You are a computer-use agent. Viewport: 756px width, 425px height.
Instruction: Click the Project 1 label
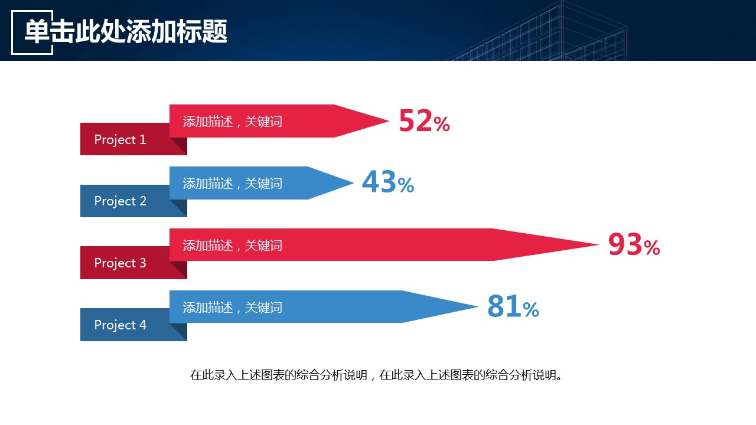pyautogui.click(x=120, y=140)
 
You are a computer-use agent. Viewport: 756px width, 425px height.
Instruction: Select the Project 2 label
pyautogui.click(x=120, y=201)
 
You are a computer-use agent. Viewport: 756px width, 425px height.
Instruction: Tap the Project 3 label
pyautogui.click(x=120, y=263)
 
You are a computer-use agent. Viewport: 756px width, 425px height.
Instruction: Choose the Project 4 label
pyautogui.click(x=120, y=325)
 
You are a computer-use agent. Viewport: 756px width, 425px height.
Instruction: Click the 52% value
pyautogui.click(x=424, y=122)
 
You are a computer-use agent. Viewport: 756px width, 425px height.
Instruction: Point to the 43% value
pyautogui.click(x=387, y=183)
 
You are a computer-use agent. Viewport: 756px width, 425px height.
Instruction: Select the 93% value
pyautogui.click(x=634, y=245)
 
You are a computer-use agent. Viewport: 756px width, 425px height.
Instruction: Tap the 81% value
pyautogui.click(x=513, y=307)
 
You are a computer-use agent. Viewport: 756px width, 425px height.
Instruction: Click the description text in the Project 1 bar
pyautogui.click(x=232, y=122)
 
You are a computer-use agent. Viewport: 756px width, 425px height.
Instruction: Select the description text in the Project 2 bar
pyautogui.click(x=232, y=184)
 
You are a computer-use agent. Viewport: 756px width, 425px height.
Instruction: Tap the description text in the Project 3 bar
pyautogui.click(x=232, y=246)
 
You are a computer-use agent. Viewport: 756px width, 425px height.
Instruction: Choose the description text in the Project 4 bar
pyautogui.click(x=232, y=308)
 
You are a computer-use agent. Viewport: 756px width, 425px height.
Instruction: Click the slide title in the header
pyautogui.click(x=126, y=32)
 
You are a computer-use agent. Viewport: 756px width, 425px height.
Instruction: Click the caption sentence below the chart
pyautogui.click(x=376, y=375)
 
